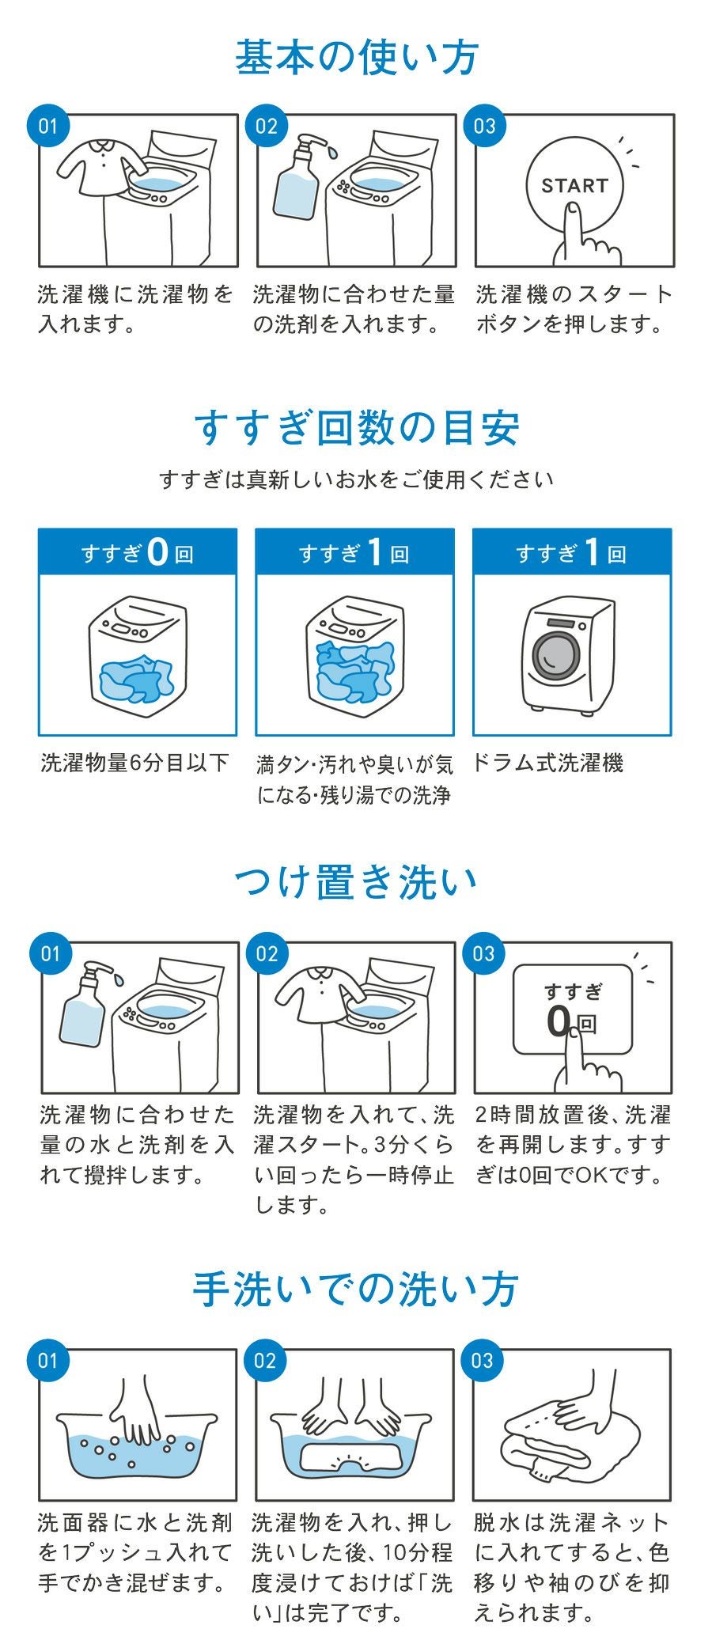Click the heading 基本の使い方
click(356, 58)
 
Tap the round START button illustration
click(574, 186)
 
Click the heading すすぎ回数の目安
click(356, 427)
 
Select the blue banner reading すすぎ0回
click(138, 551)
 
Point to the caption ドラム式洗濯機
click(547, 763)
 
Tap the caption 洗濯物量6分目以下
click(134, 763)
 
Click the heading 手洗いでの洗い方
click(356, 1290)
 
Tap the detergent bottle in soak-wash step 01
click(89, 1004)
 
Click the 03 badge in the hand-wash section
click(483, 1361)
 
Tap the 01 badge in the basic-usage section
click(49, 127)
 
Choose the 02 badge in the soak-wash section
click(267, 954)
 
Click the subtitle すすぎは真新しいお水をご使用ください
click(356, 479)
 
